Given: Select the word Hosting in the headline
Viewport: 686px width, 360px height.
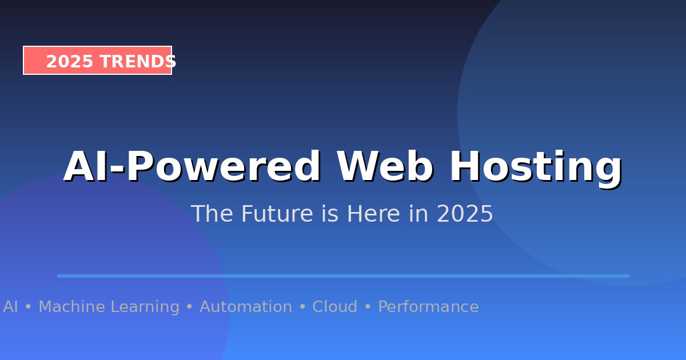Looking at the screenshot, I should tap(536, 167).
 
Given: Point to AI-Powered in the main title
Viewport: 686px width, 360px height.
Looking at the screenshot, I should tap(192, 167).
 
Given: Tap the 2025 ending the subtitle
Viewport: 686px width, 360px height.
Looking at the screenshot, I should tap(465, 214).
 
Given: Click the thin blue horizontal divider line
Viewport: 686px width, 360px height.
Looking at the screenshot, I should tap(343, 276).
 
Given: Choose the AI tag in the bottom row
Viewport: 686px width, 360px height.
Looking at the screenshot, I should tap(10, 307).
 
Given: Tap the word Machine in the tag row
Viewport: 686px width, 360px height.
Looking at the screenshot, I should tap(72, 307).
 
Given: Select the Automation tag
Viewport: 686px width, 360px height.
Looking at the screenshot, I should tap(246, 307).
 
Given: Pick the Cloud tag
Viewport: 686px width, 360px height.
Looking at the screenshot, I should tap(334, 307).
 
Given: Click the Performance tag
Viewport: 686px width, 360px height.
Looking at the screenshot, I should tap(428, 307).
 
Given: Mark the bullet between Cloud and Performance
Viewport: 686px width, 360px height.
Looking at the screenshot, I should tap(368, 307).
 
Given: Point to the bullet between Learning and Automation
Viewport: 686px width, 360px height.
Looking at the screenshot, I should tap(189, 307).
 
